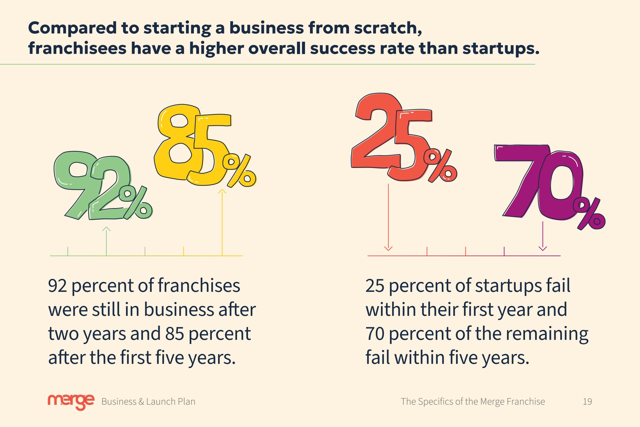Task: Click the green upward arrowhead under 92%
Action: pyautogui.click(x=106, y=229)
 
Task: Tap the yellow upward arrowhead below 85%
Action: pyautogui.click(x=222, y=191)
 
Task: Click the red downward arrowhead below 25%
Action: pyautogui.click(x=388, y=248)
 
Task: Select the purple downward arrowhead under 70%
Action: pyautogui.click(x=543, y=248)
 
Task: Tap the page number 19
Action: pyautogui.click(x=587, y=402)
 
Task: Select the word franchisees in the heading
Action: pyautogui.click(x=77, y=48)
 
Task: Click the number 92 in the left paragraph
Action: pyautogui.click(x=58, y=286)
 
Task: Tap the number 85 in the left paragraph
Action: pyautogui.click(x=175, y=334)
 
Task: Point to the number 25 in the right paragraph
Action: pyautogui.click(x=375, y=286)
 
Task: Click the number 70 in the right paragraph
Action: pyautogui.click(x=375, y=334)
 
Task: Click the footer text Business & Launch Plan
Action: pyautogui.click(x=148, y=402)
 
